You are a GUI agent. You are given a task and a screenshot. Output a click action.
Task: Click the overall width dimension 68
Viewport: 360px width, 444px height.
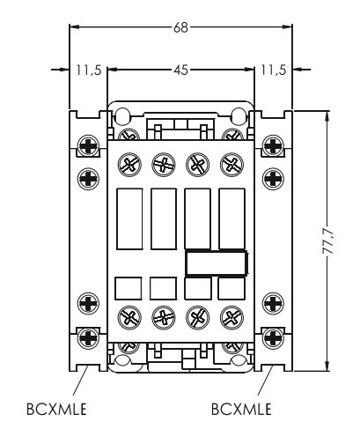click(180, 27)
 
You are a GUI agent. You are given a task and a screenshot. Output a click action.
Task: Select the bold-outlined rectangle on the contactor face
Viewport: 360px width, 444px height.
click(216, 262)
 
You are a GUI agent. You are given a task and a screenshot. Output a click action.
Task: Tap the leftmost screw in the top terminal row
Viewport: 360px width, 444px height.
click(128, 163)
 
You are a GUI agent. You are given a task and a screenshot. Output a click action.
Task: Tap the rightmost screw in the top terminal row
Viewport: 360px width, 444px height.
click(232, 163)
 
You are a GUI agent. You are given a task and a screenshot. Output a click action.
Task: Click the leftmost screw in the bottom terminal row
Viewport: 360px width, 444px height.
click(128, 318)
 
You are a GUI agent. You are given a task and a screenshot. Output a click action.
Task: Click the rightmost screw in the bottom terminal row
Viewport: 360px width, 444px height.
click(232, 318)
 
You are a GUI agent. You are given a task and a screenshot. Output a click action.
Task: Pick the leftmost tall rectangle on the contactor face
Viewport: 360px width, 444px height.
click(128, 217)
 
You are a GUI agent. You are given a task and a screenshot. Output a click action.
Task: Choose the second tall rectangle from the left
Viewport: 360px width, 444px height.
click(163, 217)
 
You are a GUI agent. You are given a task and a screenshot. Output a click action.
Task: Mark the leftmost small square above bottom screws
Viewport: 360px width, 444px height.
click(128, 288)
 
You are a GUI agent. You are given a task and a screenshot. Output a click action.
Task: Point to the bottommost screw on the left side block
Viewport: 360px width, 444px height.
click(89, 336)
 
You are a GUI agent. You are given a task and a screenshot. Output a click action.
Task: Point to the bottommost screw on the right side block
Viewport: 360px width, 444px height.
click(272, 336)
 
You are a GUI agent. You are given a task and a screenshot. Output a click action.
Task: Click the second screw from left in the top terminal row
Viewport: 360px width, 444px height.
click(163, 163)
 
